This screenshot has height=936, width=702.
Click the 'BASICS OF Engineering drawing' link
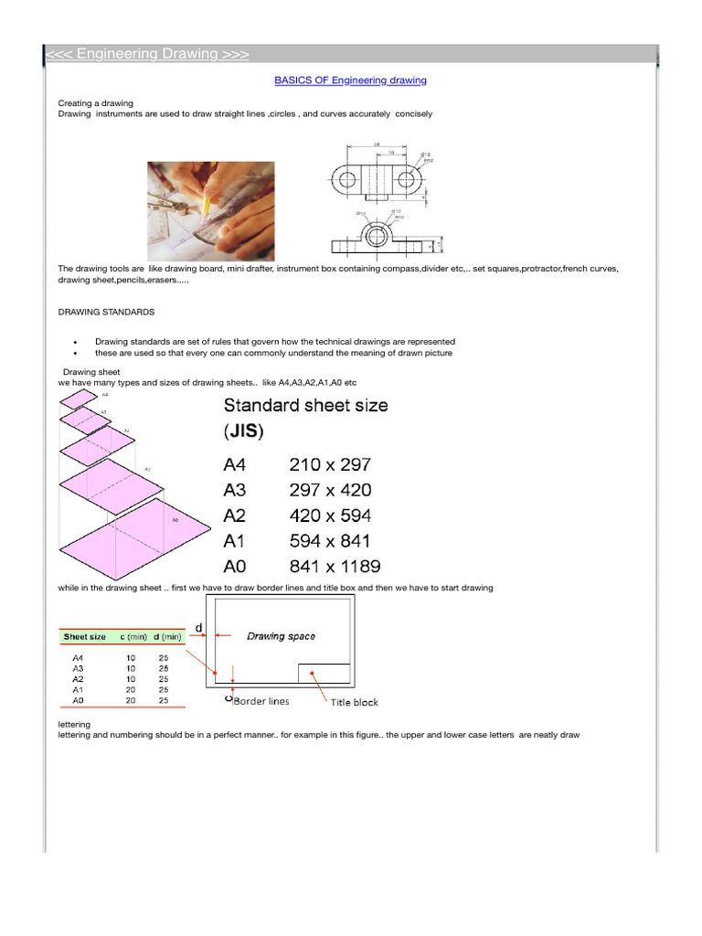[x=350, y=80]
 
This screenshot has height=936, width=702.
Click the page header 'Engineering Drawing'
[x=147, y=54]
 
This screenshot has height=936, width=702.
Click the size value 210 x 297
[x=330, y=464]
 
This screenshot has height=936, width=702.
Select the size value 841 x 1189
[x=335, y=567]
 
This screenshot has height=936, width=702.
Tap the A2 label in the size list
[x=236, y=516]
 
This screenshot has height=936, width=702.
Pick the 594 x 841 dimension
[x=330, y=541]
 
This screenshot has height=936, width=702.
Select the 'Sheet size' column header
[x=84, y=635]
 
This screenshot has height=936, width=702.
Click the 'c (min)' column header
[x=132, y=635]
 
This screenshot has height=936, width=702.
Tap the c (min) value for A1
[x=131, y=690]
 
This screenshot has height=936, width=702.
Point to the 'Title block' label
[x=353, y=702]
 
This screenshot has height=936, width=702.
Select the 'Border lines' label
[x=261, y=702]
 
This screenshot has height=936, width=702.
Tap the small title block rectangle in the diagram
[x=324, y=673]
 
